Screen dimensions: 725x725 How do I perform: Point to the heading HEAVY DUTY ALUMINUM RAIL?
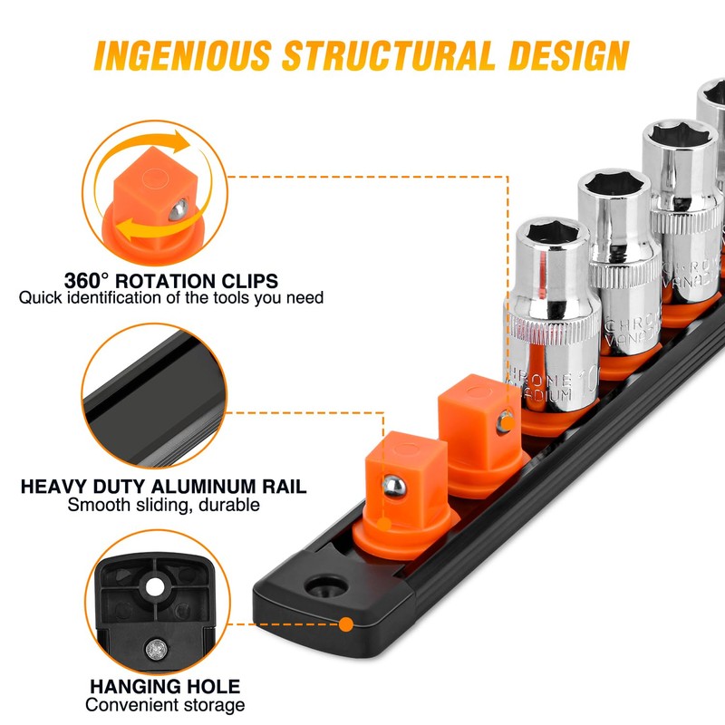[x=163, y=486]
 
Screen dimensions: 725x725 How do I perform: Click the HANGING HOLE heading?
[x=163, y=686]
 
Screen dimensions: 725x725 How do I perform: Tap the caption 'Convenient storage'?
[x=164, y=705]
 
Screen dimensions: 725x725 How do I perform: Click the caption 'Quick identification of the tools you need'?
[x=171, y=297]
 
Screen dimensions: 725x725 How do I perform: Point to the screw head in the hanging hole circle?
[x=156, y=648]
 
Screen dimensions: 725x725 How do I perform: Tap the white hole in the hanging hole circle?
[x=156, y=587]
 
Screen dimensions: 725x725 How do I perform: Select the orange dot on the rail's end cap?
[x=346, y=623]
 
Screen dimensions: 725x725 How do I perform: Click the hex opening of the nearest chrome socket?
[x=551, y=231]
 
